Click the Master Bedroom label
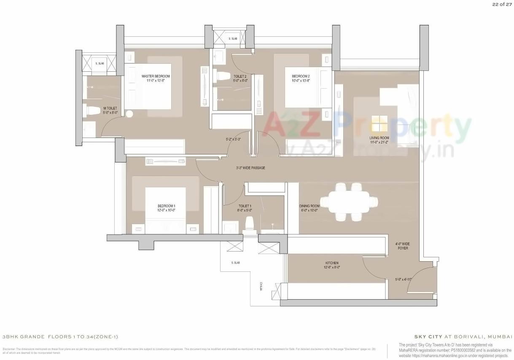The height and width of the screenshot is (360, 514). click(x=156, y=76)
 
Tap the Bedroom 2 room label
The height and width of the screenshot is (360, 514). click(x=301, y=76)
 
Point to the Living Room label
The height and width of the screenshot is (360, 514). click(x=379, y=138)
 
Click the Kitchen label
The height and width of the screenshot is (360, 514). click(x=332, y=263)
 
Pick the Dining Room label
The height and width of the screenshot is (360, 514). click(x=310, y=206)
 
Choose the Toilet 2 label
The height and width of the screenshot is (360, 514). click(x=240, y=76)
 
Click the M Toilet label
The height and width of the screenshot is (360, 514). click(x=110, y=108)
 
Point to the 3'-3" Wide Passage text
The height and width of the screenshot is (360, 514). click(x=250, y=168)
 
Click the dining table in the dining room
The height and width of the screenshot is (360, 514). click(x=348, y=202)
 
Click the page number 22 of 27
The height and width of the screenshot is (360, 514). click(x=501, y=5)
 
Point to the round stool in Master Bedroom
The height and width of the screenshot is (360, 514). click(x=129, y=114)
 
